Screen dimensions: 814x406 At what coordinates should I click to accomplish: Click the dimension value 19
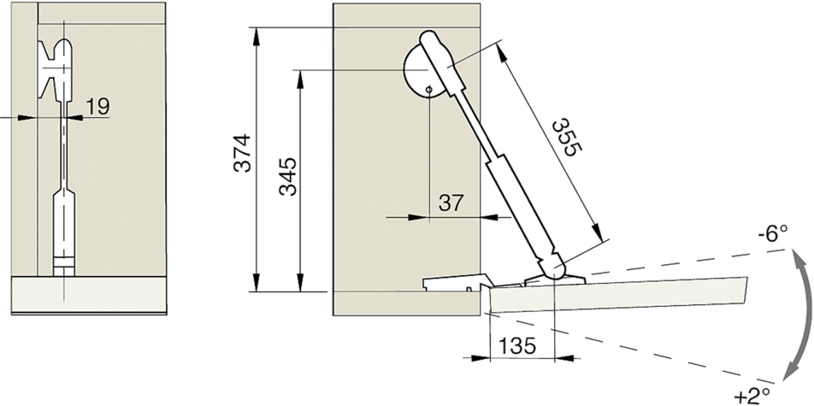98,107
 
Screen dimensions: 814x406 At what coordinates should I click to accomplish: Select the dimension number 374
242,153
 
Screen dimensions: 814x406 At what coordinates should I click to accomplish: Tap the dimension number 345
288,177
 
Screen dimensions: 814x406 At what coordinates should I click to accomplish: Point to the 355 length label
567,138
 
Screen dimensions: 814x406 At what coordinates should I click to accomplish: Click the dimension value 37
451,202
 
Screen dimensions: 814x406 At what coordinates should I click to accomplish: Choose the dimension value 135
518,346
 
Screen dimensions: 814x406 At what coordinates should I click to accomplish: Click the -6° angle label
773,234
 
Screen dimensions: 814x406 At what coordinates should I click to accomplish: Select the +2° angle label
752,396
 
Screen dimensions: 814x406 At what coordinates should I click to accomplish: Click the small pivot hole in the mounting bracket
429,89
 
